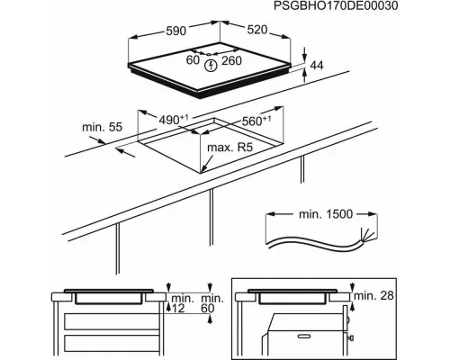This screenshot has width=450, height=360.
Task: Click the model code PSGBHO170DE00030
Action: click(336, 6)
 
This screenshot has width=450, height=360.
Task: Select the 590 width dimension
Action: click(176, 31)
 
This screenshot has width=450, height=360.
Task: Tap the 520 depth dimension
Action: click(257, 30)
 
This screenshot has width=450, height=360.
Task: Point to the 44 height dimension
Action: click(317, 66)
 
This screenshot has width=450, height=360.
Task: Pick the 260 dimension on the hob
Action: click(231, 60)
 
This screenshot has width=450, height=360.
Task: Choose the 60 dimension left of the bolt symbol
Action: click(193, 60)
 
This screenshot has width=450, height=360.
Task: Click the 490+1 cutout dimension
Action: click(174, 120)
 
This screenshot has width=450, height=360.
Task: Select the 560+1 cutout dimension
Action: click(256, 121)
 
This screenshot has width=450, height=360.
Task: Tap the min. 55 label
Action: click(103, 127)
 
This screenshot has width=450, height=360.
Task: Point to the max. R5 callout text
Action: click(230, 148)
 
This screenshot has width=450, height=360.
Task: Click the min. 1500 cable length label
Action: click(326, 214)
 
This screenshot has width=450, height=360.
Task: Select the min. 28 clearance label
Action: click(373, 295)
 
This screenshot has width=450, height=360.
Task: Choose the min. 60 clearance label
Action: click(212, 303)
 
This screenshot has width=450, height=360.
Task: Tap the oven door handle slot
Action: click(306, 336)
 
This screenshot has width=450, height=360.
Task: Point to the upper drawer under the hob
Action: click(112, 321)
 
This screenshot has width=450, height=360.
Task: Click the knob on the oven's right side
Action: click(351, 338)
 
